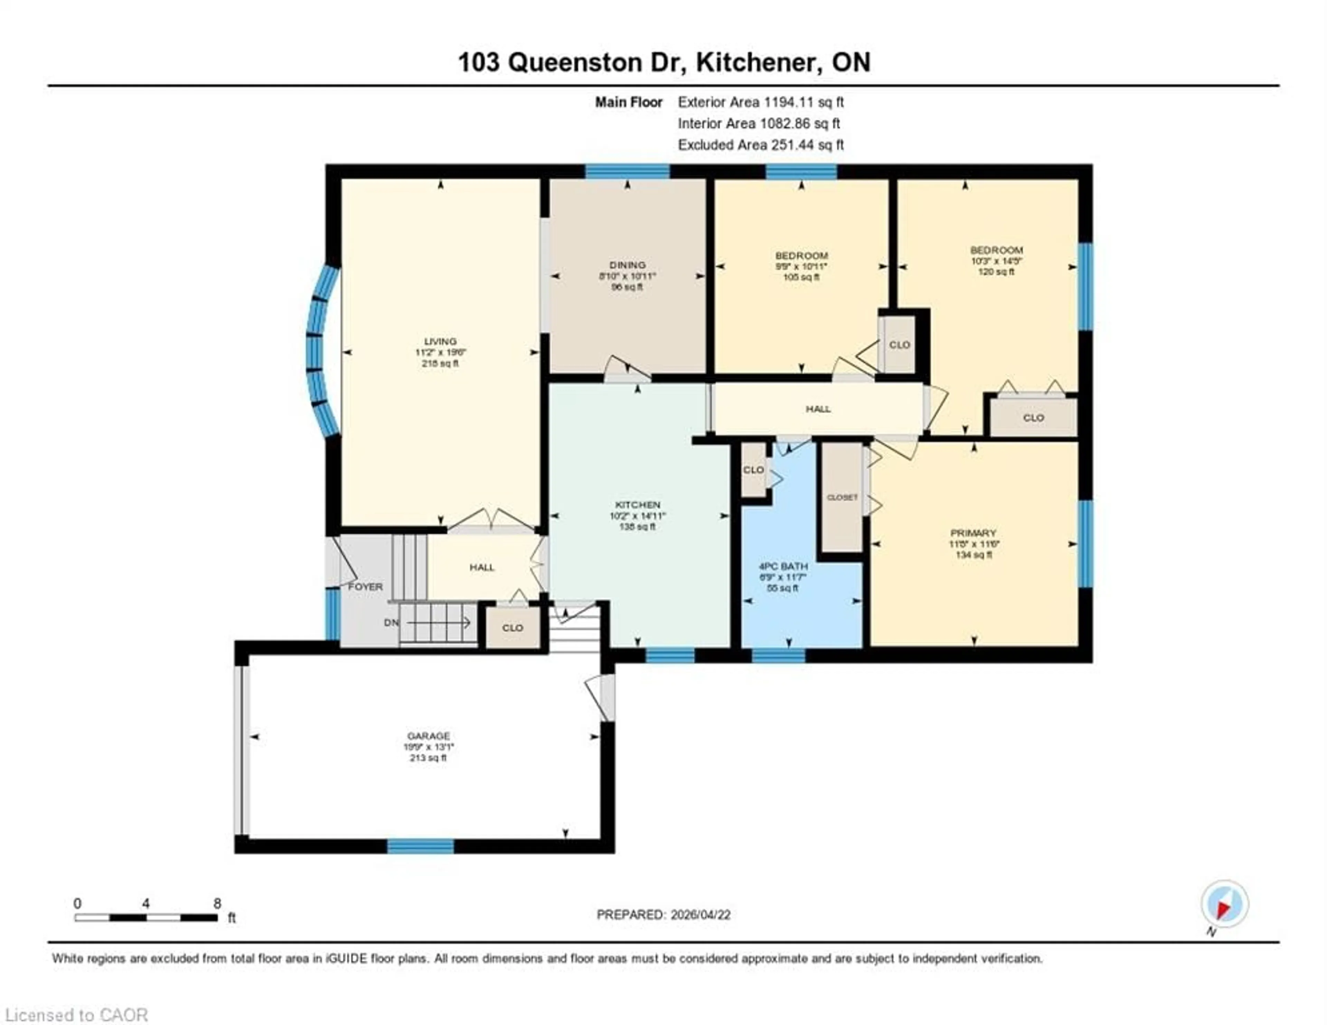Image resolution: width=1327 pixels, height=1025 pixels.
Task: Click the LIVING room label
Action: [440, 341]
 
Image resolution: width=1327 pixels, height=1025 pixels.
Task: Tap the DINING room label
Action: [627, 265]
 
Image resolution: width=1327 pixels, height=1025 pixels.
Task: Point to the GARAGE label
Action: [429, 736]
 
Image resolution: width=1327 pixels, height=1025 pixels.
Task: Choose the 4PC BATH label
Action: [783, 566]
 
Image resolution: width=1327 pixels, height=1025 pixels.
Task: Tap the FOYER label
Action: [365, 587]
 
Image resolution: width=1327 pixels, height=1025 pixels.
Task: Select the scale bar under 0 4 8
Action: [146, 918]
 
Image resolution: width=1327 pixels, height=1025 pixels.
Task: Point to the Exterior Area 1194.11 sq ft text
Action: [761, 102]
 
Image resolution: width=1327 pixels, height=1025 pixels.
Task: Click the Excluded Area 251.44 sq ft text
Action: [761, 145]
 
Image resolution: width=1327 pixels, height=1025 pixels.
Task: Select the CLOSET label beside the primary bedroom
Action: [842, 497]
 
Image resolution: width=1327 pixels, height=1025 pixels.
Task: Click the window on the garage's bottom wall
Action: [421, 846]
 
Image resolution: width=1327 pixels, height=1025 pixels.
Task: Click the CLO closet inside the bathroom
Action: [753, 470]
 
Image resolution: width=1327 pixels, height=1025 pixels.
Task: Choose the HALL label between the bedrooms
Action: [818, 409]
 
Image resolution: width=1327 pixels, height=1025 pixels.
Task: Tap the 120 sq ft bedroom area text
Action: [996, 272]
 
